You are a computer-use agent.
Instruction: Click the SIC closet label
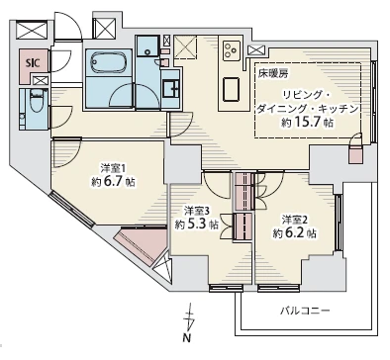(x=33, y=63)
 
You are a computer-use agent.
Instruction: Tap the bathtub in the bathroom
(x=109, y=62)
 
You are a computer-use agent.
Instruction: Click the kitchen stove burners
(x=231, y=50)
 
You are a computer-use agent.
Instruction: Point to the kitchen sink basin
(x=232, y=89)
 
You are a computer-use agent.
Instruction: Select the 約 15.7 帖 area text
(x=307, y=123)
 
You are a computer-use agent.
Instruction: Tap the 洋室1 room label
(x=113, y=169)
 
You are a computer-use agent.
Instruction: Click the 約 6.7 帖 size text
(x=114, y=182)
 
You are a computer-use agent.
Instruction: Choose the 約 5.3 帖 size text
(x=197, y=225)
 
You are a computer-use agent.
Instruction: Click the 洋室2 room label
(x=295, y=220)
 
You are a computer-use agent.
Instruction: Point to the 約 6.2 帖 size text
(x=294, y=233)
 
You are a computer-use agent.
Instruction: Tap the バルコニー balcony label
(x=305, y=311)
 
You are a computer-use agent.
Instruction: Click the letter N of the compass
(x=187, y=338)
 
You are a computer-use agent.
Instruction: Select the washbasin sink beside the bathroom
(x=171, y=87)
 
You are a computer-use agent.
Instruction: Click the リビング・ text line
(x=306, y=95)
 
